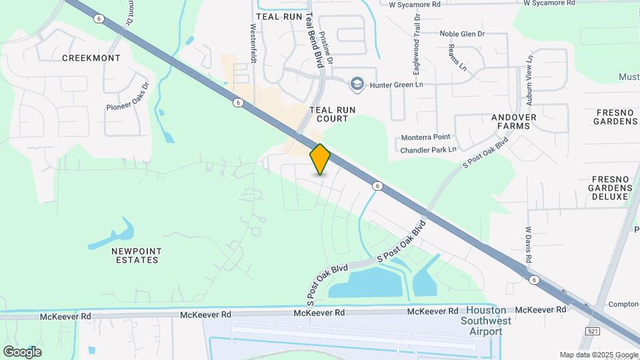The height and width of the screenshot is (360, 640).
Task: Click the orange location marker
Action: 320,159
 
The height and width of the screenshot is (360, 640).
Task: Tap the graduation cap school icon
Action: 357,83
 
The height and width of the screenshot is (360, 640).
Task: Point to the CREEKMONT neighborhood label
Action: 91,58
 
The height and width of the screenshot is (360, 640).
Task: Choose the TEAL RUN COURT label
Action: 329,114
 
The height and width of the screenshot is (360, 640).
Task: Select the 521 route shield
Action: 591,331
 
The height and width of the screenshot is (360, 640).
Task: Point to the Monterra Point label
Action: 425,137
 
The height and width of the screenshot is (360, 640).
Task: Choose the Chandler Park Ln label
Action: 428,150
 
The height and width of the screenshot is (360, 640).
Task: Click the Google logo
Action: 22,351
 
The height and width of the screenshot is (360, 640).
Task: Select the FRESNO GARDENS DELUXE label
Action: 609,188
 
